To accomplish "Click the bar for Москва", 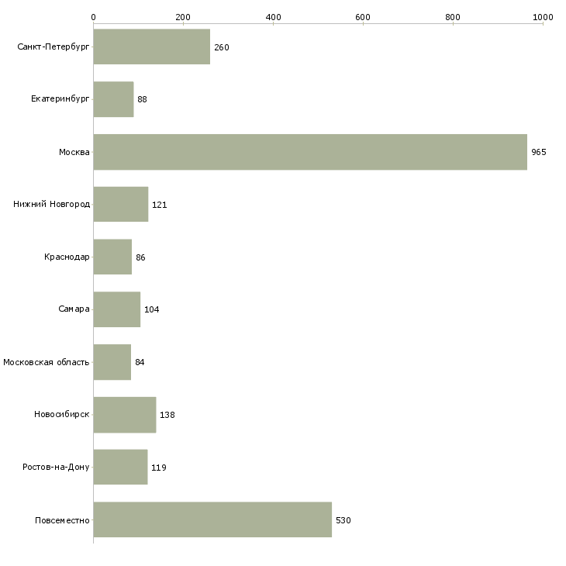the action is point(310,152).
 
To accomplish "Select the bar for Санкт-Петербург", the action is point(152,47).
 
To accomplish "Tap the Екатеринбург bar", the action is point(113,99).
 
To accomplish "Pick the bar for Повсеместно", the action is point(212,519).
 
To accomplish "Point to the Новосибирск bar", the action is point(125,415).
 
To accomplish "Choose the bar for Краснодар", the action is point(112,257).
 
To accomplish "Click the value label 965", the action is point(539,152).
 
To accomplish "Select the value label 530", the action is point(343,520).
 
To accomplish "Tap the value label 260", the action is point(222,47).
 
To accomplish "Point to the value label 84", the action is point(140,362).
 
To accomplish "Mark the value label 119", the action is point(159,468).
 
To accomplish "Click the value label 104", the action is point(152,309).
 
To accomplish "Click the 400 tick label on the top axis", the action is point(273,17).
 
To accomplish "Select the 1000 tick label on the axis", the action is point(543,17).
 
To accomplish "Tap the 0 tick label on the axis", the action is point(94,17).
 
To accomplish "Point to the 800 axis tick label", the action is point(453,17).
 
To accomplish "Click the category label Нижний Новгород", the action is point(52,205).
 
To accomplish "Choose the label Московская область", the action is point(47,362).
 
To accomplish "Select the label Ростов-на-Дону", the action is point(56,467).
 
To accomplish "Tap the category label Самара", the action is point(74,309).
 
